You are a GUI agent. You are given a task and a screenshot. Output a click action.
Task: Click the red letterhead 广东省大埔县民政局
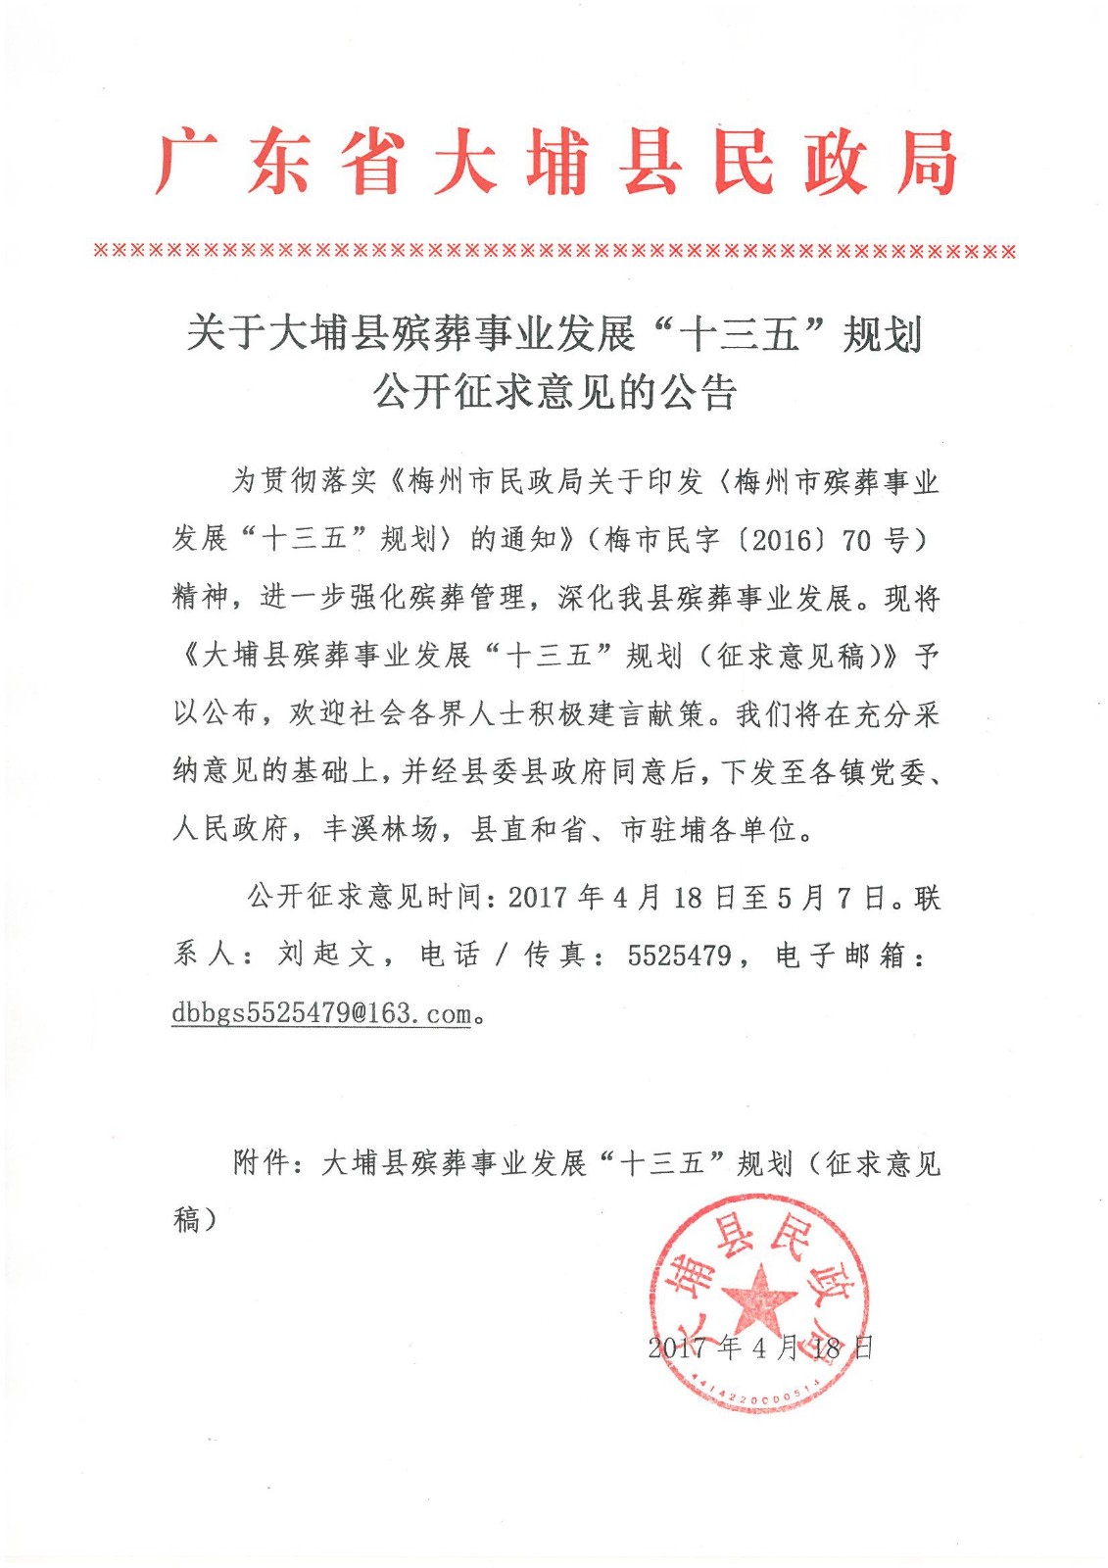click(554, 162)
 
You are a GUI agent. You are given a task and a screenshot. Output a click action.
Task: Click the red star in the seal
click(759, 1298)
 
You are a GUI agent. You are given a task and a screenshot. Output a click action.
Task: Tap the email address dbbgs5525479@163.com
click(321, 1013)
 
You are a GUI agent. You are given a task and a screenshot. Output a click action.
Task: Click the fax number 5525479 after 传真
click(679, 955)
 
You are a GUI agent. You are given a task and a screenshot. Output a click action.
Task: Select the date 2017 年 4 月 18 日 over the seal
click(759, 1347)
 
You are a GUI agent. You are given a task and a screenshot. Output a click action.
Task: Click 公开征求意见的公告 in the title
click(554, 392)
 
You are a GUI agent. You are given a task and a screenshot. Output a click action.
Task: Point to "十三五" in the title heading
click(740, 334)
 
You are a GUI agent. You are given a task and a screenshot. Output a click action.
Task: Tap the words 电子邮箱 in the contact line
click(840, 955)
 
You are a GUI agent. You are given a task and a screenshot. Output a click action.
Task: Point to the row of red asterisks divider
click(554, 251)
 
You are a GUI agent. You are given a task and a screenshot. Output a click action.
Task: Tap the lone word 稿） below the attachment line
click(195, 1220)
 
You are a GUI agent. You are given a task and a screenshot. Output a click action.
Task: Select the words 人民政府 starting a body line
click(230, 830)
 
